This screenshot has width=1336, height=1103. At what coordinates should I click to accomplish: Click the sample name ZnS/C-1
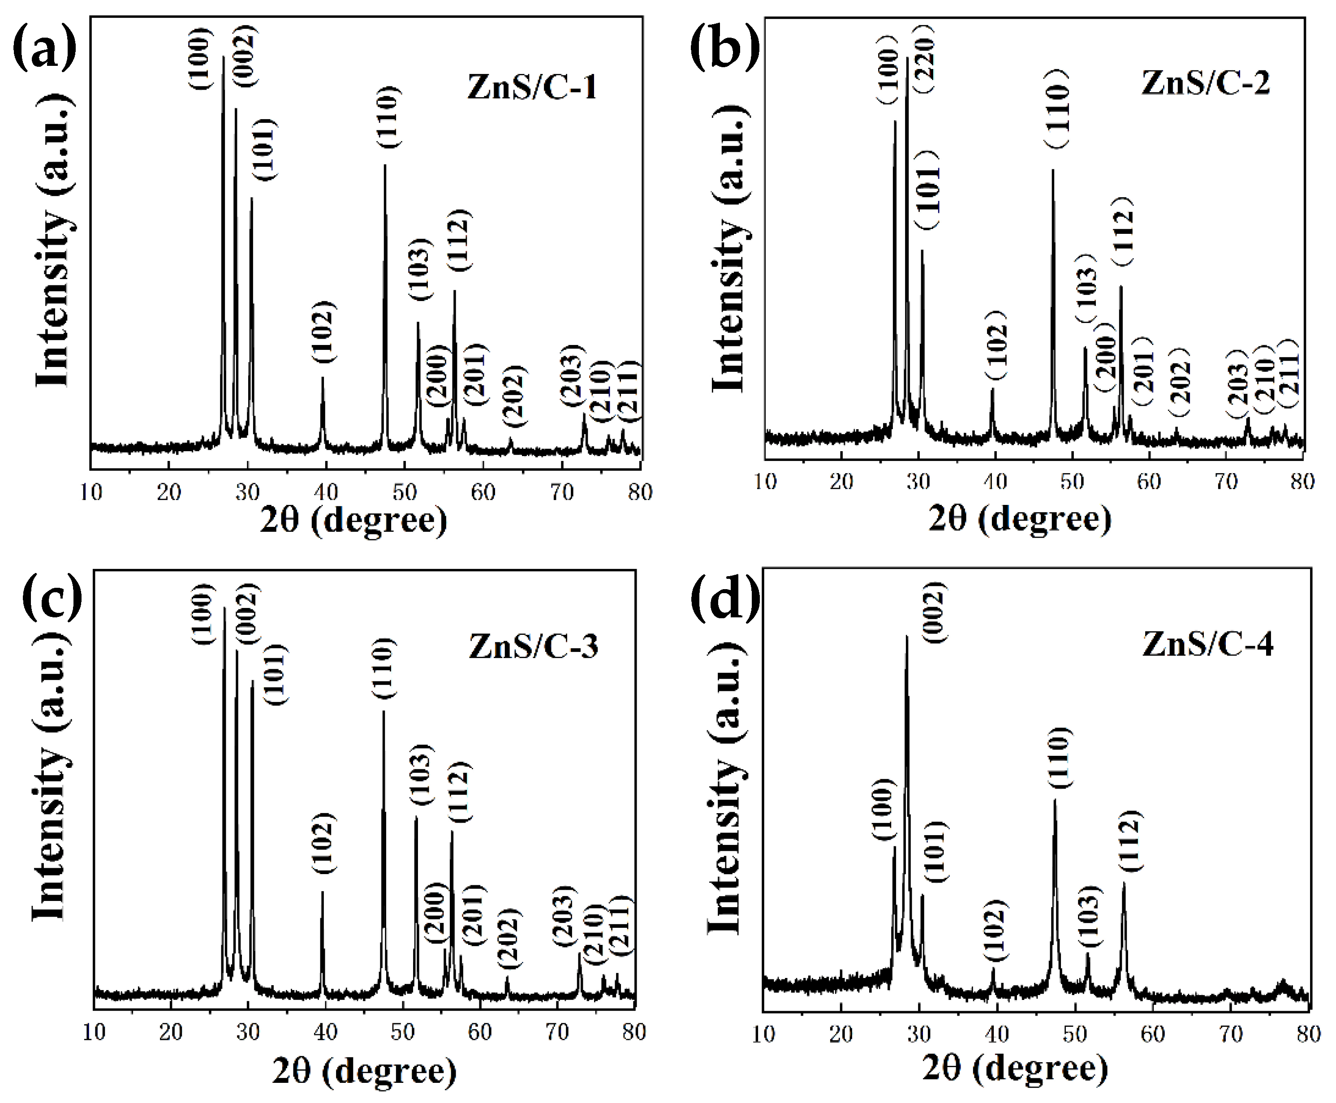pyautogui.click(x=532, y=87)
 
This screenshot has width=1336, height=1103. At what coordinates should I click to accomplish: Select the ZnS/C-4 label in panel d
pyautogui.click(x=1207, y=644)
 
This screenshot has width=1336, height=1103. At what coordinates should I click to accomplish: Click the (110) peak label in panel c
pyautogui.click(x=384, y=668)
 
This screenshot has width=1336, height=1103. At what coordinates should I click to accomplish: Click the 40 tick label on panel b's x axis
pyautogui.click(x=995, y=482)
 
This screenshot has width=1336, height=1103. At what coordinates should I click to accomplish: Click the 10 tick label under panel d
pyautogui.click(x=763, y=1034)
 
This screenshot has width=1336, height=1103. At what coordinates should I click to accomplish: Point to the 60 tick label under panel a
pyautogui.click(x=483, y=492)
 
